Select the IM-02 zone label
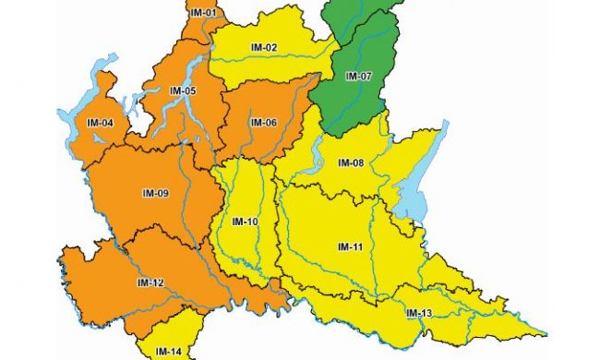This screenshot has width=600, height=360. pos(264,47)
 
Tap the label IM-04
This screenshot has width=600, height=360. pos(100,123)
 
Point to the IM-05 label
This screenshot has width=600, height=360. pos(183,90)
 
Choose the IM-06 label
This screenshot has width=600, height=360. pos(264,123)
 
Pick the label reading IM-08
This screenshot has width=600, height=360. pos(352,162)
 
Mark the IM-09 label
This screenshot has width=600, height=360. pos(155,193)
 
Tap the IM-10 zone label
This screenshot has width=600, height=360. pos(245,222)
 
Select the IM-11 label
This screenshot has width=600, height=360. pos(349,246)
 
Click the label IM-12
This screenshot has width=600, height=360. pos(150,282)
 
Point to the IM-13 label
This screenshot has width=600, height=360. pos(418,314)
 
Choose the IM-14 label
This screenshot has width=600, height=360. pos(169,351)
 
